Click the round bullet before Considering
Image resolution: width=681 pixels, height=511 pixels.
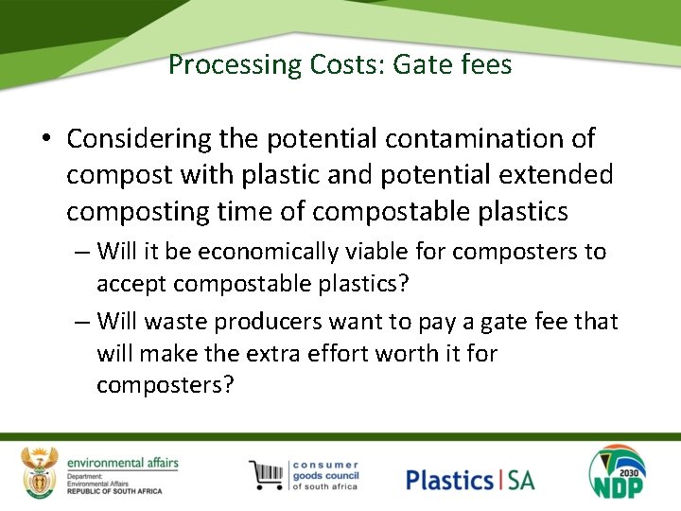45,139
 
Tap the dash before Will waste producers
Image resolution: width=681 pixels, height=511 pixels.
82,322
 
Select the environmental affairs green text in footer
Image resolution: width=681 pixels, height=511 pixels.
123,463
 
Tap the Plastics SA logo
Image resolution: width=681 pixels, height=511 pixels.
470,479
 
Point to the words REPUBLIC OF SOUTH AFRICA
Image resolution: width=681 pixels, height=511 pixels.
114,491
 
